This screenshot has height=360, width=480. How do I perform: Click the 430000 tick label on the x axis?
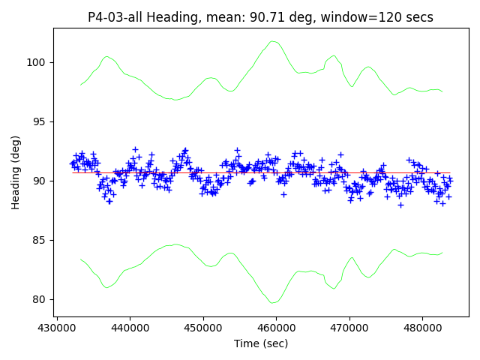pyautogui.click(x=57, y=328)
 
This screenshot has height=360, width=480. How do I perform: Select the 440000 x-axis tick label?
pyautogui.click(x=130, y=328)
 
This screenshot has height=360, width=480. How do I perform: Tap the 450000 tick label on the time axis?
pyautogui.click(x=202, y=328)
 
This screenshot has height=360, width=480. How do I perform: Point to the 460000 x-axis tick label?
pyautogui.click(x=275, y=328)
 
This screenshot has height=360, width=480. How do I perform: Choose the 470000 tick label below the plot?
pyautogui.click(x=348, y=328)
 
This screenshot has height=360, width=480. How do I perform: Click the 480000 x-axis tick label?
pyautogui.click(x=421, y=328)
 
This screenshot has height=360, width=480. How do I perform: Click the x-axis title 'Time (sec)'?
pyautogui.click(x=261, y=343)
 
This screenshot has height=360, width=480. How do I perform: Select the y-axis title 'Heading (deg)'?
pyautogui.click(x=16, y=172)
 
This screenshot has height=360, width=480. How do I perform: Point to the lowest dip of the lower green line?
pyautogui.click(x=274, y=302)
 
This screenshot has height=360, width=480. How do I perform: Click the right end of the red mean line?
pyautogui.click(x=450, y=172)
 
